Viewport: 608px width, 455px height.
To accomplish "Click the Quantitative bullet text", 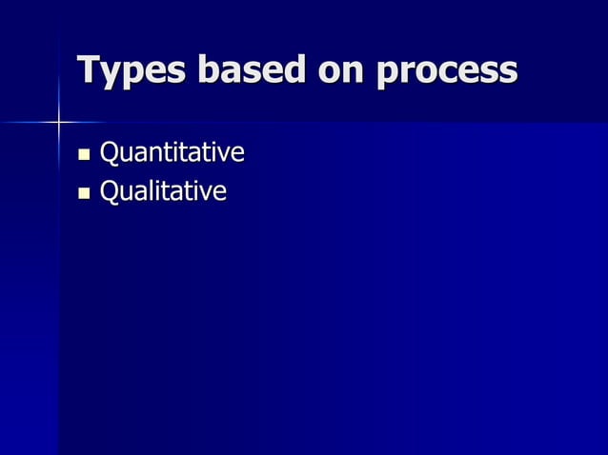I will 172,152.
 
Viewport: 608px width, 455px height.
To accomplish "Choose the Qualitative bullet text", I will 163,192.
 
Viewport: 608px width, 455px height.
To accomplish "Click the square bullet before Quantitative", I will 84,153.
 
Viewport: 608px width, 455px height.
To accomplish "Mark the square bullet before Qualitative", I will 84,193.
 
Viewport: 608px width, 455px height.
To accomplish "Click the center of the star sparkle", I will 59,122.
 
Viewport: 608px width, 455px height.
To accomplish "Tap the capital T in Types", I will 90,69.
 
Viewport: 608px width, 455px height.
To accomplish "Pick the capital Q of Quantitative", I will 111,152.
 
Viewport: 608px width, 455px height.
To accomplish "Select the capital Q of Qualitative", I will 111,192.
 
